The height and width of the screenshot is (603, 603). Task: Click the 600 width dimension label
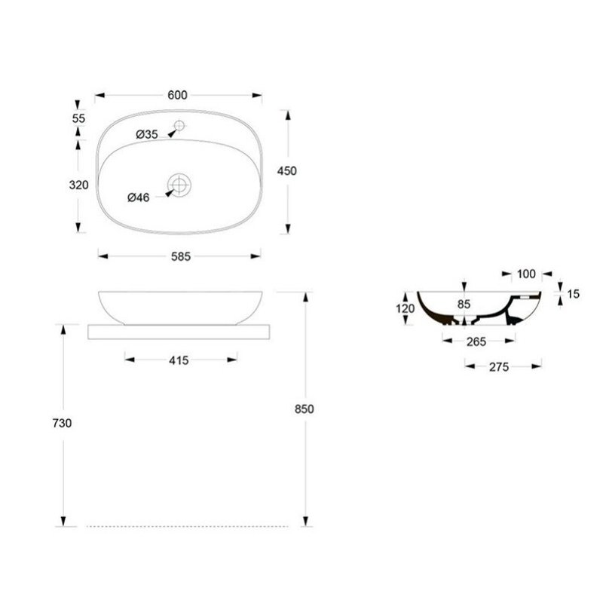177,95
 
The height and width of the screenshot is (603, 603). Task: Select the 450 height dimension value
287,171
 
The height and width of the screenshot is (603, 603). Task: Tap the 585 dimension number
180,256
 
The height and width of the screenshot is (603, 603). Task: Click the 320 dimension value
78,185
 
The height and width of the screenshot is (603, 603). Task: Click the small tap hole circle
179,125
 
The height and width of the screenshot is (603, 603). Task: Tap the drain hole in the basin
180,184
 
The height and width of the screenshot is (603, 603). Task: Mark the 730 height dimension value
63,424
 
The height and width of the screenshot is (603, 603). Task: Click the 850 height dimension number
304,409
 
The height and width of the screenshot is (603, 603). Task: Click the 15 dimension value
573,294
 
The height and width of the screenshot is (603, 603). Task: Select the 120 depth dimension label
405,308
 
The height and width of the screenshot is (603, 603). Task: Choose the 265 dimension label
476,341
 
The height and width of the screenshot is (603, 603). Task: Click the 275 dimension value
499,367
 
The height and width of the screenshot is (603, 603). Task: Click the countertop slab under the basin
177,332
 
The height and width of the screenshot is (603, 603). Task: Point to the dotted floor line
188,525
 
